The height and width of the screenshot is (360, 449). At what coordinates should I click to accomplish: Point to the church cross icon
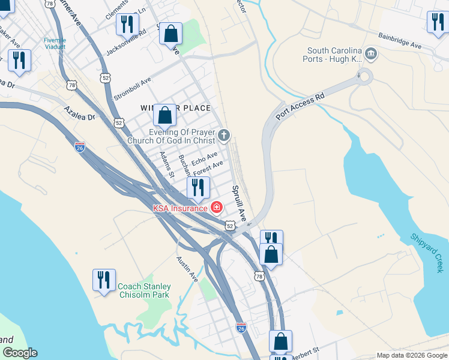tap(224, 136)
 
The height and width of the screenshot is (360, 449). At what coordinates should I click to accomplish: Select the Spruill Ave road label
tap(240, 203)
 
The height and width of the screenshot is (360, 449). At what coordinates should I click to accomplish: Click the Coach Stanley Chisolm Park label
tap(144, 290)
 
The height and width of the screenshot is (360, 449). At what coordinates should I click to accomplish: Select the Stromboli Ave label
tap(133, 89)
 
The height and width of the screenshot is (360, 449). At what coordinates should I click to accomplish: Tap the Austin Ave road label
tap(187, 269)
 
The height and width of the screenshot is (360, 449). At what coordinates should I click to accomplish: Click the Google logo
tap(19, 353)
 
